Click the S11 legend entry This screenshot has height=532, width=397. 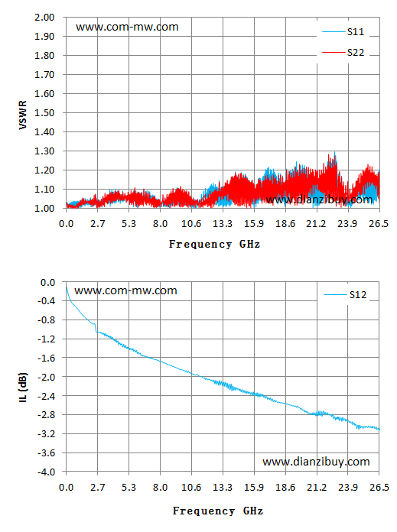point(343,32)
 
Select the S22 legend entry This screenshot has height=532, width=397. point(343,52)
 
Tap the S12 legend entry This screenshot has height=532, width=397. point(345,295)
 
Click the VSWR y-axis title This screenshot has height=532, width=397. point(23,115)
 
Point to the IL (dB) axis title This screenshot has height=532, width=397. point(23,388)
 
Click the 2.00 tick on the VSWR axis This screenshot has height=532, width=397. point(44,18)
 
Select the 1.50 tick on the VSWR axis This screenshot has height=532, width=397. point(44,112)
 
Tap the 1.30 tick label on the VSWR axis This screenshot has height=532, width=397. point(44,151)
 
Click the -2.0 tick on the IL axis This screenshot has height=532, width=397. point(46,377)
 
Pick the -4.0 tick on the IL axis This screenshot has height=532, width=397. point(46,472)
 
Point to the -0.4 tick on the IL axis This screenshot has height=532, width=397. point(46,301)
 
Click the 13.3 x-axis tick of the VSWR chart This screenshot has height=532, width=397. point(223,224)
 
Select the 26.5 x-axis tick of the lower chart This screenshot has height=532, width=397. point(379,488)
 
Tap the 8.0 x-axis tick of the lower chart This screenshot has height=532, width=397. point(160,488)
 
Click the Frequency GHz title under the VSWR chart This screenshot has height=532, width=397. point(215,244)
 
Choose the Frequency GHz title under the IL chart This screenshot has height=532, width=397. point(218,511)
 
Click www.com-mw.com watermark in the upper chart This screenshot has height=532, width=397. point(127,27)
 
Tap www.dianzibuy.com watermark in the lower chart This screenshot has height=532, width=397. point(316,462)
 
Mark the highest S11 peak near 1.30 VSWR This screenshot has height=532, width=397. point(335,152)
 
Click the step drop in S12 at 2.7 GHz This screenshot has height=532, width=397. point(96,328)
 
